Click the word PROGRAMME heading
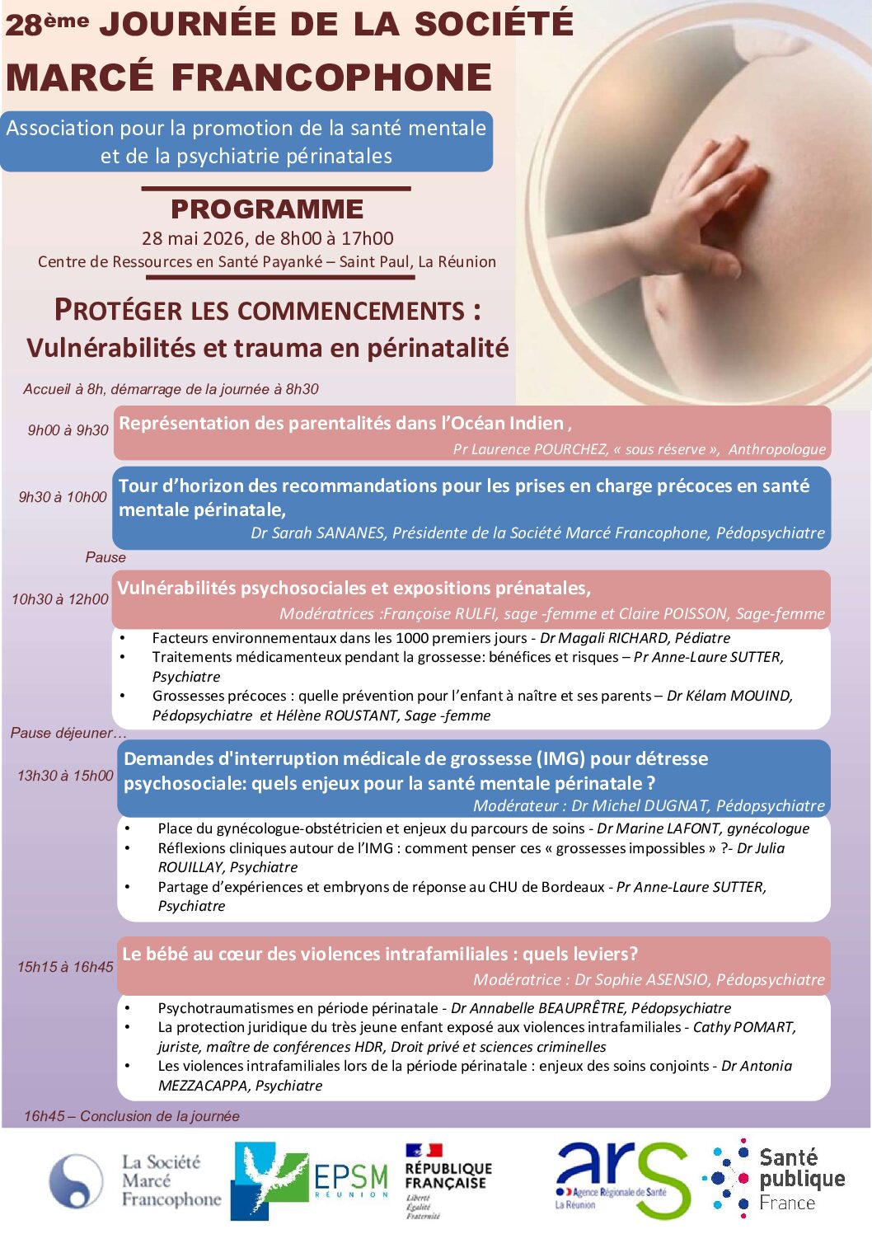(267, 209)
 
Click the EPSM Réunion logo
(310, 1180)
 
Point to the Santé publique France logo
(775, 1179)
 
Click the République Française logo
(447, 1180)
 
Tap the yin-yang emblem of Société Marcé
(76, 1180)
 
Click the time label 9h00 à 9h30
(68, 430)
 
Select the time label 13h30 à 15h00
(65, 776)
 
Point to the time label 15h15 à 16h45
(65, 967)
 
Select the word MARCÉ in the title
(79, 77)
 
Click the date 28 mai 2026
(194, 238)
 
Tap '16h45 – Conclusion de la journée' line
(132, 1116)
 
